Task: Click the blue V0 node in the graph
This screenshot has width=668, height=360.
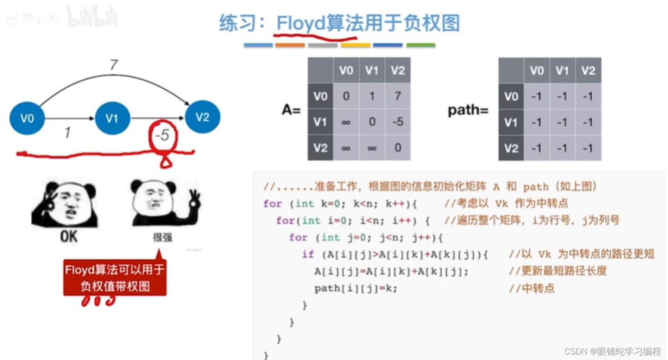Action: [27, 118]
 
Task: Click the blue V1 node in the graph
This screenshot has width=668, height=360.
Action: [112, 118]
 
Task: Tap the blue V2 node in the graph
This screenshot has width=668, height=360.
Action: [202, 117]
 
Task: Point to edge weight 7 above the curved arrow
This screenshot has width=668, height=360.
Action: [114, 65]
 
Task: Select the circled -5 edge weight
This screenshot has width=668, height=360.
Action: [162, 136]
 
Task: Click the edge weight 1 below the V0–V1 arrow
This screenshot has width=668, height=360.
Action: [67, 133]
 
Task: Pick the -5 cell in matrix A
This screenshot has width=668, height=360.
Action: [398, 122]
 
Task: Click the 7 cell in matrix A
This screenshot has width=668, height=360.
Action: [398, 97]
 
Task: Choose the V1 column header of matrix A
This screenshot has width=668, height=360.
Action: [372, 71]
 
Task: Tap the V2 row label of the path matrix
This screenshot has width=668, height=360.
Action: [511, 148]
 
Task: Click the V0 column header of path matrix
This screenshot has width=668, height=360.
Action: [537, 71]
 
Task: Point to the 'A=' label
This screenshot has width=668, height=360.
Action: [291, 109]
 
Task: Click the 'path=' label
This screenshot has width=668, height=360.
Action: [468, 110]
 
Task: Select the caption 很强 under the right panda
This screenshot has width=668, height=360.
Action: [163, 238]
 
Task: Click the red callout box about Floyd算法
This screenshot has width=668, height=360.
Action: [115, 278]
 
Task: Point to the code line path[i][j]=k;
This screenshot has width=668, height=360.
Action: [356, 288]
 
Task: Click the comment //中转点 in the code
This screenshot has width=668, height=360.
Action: [532, 288]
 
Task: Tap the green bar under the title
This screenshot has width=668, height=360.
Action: [420, 45]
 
